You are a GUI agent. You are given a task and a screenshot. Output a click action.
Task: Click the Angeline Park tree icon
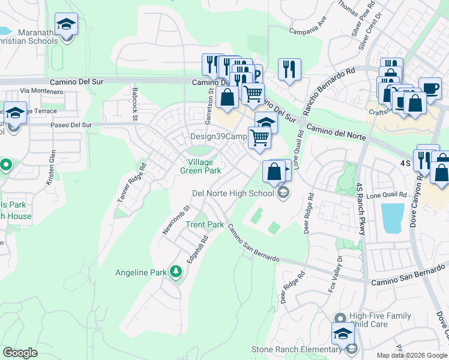tap(175, 272)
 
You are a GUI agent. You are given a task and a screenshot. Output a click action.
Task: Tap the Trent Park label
tap(204, 225)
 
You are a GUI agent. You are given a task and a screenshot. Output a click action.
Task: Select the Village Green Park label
tap(200, 166)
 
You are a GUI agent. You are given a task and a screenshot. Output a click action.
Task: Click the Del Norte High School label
tap(232, 193)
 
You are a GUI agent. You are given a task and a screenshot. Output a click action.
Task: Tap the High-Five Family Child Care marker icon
tap(340, 317)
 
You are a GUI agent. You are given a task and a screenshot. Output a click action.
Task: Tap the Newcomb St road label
tap(175, 220)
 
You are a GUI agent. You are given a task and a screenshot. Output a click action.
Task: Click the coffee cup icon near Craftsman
tap(430, 88)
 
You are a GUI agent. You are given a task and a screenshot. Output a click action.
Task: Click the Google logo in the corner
tap(20, 353)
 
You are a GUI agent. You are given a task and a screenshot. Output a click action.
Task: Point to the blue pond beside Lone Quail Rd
tap(392, 218)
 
